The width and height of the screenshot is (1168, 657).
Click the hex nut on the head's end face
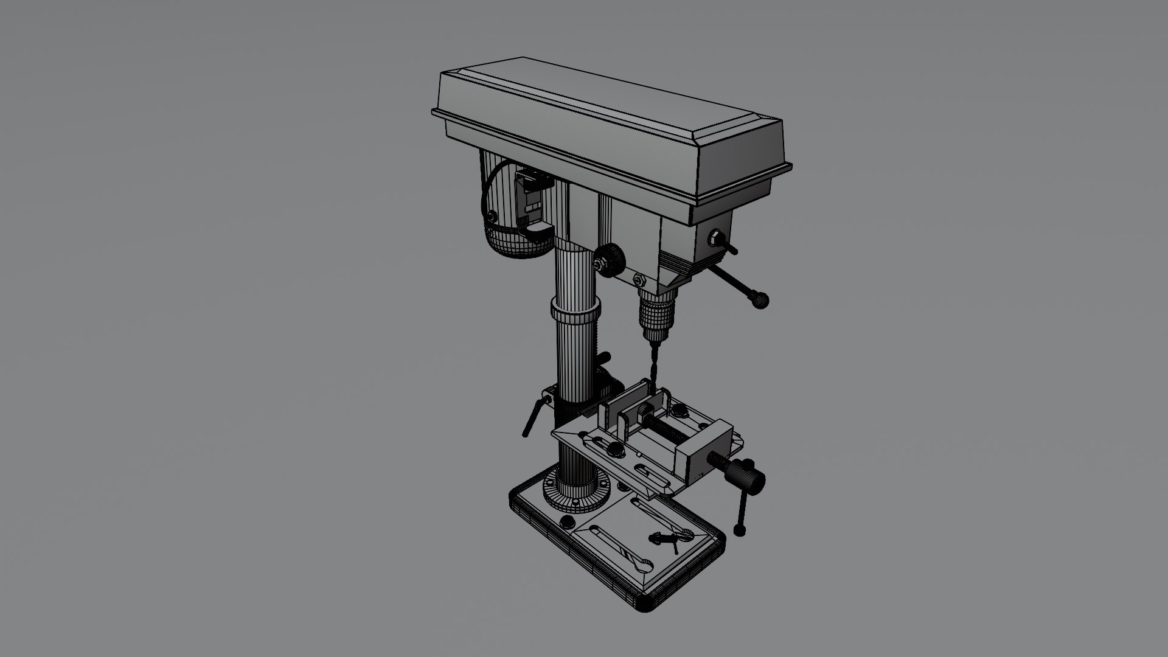tap(717, 237)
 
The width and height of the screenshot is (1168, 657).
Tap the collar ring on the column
tap(575, 312)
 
